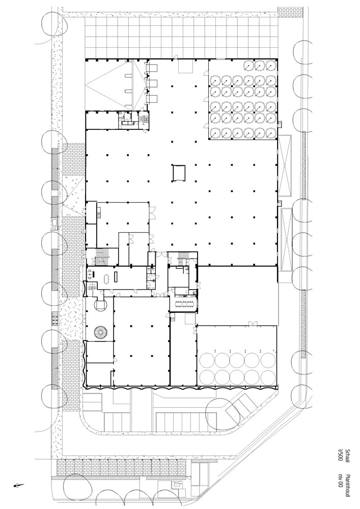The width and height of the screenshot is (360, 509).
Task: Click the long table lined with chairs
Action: [x=184, y=305]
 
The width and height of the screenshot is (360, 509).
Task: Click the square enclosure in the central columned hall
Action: [x=179, y=173]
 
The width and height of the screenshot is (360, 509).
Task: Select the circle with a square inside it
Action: [x=101, y=304]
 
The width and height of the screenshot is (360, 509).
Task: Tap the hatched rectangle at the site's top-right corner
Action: [x=291, y=10]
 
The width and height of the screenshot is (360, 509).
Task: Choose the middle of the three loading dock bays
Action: [x=152, y=83]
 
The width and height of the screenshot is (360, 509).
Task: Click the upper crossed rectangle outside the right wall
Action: [x=285, y=165]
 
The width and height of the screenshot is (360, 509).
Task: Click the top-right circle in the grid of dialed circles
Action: [x=270, y=65]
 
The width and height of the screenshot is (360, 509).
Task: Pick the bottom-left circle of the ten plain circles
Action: [x=206, y=377]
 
